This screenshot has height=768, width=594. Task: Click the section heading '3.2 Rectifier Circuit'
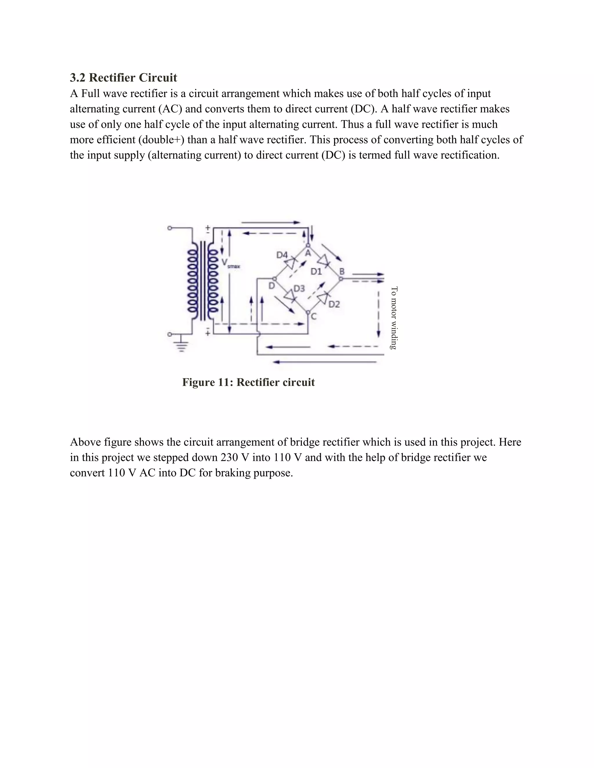point(123,77)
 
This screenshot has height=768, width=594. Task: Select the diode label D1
point(316,272)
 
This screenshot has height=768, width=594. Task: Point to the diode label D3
point(299,288)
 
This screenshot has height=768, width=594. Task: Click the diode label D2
point(334,304)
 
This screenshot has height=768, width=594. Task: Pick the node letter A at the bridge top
point(308,253)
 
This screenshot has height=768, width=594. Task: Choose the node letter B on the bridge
point(341,272)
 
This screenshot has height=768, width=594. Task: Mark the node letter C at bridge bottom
point(314,316)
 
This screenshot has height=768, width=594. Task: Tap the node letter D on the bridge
point(271,286)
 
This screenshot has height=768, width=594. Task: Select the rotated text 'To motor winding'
point(394,318)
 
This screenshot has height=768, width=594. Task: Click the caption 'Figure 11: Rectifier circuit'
point(248,382)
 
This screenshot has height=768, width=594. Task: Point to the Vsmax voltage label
point(229,264)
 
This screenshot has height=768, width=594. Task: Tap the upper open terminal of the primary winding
point(170,228)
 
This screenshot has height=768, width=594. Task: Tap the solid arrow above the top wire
point(270,222)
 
